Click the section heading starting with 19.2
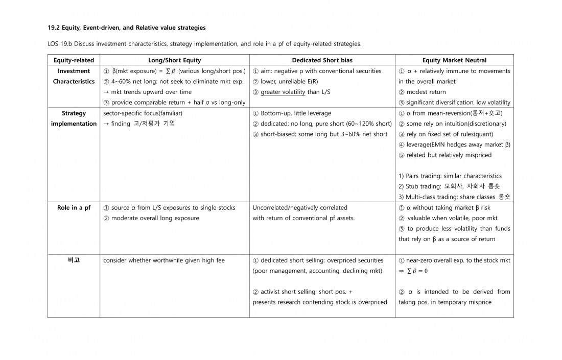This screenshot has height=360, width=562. pyautogui.click(x=127, y=27)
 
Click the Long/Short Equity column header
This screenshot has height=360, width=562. pyautogui.click(x=175, y=60)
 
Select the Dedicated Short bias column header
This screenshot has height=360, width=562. pyautogui.click(x=322, y=60)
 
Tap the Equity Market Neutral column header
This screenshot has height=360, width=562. pyautogui.click(x=454, y=60)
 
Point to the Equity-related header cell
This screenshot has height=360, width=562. pyautogui.click(x=74, y=60)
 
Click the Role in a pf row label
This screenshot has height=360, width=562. pyautogui.click(x=74, y=208)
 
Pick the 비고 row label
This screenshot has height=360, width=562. pyautogui.click(x=74, y=260)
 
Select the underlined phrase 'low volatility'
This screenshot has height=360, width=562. pyautogui.click(x=493, y=103)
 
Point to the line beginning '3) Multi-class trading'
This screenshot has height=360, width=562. pyautogui.click(x=454, y=197)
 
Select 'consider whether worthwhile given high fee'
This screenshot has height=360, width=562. pyautogui.click(x=163, y=260)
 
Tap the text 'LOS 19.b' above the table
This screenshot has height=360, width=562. pyautogui.click(x=60, y=44)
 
